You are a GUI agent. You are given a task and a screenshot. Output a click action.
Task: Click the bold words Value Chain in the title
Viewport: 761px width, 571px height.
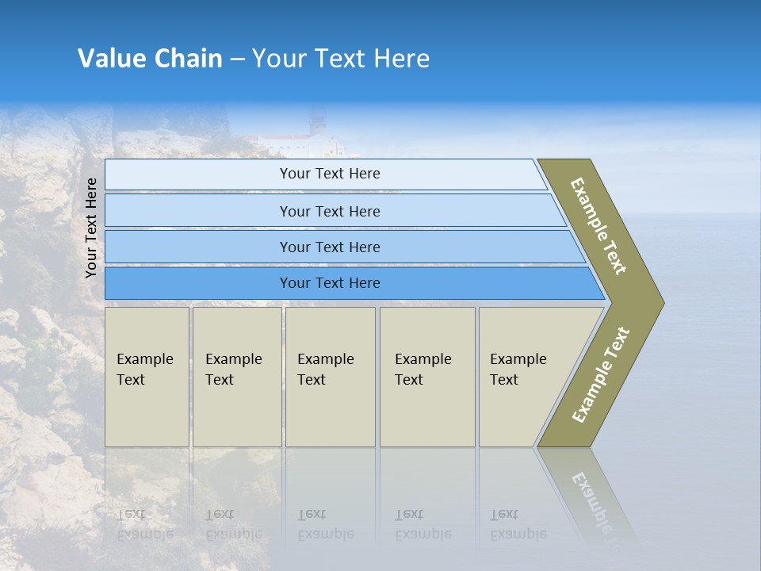pos(150,59)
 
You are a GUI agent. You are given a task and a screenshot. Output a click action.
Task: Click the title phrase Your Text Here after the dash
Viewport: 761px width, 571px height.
pos(341,59)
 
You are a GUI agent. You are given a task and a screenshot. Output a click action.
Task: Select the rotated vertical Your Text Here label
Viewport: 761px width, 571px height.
pos(91,228)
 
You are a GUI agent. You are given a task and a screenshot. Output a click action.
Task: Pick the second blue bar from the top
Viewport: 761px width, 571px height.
pos(329,211)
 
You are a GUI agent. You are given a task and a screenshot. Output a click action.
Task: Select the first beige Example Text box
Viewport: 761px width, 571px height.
pos(147,377)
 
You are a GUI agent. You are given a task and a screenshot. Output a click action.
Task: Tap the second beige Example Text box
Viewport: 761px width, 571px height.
pos(237,377)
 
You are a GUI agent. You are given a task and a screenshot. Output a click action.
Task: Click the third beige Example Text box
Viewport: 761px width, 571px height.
pos(330,377)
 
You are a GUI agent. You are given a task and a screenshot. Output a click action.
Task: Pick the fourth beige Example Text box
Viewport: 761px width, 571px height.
pos(427,377)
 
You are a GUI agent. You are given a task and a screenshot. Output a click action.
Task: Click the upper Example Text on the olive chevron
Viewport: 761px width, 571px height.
pos(598,226)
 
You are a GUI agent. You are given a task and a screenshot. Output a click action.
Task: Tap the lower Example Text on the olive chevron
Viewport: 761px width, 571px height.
pos(601,375)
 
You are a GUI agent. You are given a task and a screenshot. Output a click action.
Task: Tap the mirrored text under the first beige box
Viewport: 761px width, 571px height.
pos(144,524)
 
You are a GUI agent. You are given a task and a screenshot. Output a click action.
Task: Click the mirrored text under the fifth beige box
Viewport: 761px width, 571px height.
pos(518,524)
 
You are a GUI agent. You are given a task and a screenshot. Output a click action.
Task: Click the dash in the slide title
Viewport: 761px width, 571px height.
pos(237,59)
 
